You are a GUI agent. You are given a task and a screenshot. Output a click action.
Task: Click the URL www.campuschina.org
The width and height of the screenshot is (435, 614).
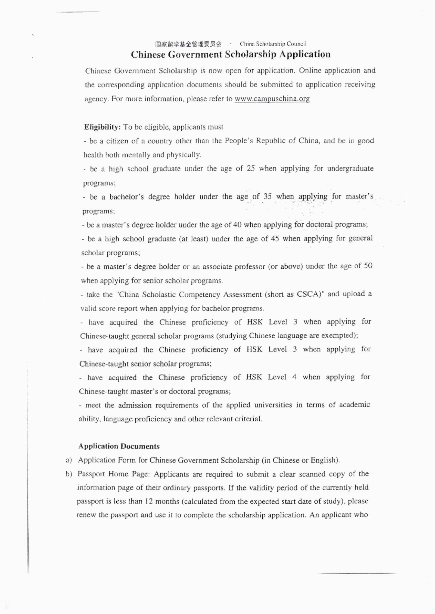(272, 99)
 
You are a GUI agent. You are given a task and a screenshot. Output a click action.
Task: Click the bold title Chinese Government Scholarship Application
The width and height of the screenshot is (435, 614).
(231, 54)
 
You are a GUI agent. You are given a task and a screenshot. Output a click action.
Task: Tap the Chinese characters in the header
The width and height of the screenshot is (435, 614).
(188, 44)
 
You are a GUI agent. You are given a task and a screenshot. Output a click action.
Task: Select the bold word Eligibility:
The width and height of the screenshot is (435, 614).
(102, 127)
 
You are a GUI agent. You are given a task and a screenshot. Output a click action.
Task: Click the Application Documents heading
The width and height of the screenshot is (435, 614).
(119, 446)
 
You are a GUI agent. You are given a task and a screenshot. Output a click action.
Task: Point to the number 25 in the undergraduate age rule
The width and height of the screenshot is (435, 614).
(250, 169)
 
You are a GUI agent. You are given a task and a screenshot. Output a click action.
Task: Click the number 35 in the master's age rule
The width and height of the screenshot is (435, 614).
(268, 197)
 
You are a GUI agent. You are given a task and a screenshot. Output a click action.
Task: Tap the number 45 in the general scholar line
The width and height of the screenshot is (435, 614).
(275, 239)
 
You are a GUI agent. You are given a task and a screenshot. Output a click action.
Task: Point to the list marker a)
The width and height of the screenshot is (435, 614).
(69, 460)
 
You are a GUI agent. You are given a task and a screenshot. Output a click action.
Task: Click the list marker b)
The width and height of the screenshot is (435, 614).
(69, 475)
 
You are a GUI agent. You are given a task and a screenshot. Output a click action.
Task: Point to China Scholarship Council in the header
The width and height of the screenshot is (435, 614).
(273, 44)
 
